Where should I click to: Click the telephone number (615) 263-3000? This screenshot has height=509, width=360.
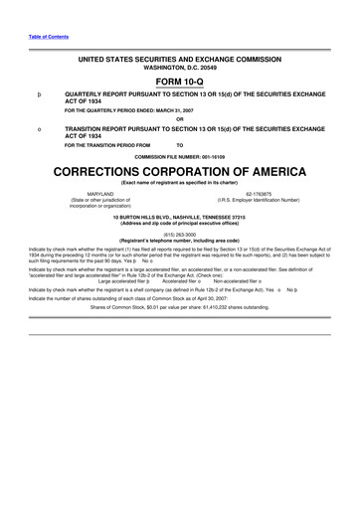(180, 234)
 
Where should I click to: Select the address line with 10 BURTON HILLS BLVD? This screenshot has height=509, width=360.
(180, 217)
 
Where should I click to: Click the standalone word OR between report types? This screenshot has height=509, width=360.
(180, 119)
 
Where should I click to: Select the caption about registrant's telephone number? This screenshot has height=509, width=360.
(180, 240)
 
